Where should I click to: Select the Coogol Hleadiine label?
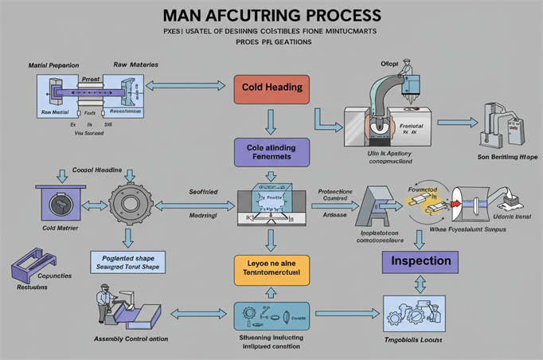coord(98,170)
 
